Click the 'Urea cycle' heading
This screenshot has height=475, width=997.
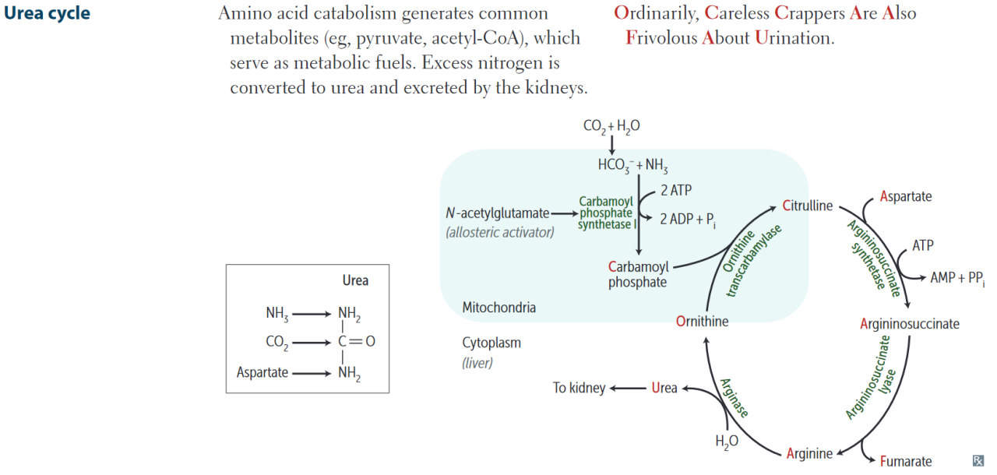point(47,14)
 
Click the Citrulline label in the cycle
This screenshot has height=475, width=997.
point(808,206)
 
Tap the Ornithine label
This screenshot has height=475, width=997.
point(703,321)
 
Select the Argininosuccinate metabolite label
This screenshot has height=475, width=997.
point(910,324)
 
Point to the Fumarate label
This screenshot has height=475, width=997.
point(906,462)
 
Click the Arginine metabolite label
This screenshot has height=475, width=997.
point(809,453)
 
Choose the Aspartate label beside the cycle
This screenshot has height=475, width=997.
point(906,196)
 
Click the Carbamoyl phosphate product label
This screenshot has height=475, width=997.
point(638,275)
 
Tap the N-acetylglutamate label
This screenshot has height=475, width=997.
point(498,213)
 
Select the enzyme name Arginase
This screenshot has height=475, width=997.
point(734,397)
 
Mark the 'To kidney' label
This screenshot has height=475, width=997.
point(579,388)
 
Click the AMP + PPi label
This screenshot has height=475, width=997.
point(957,278)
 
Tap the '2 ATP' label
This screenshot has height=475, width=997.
point(675,190)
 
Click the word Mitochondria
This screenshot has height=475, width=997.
point(498,308)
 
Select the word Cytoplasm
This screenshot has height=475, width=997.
point(491,343)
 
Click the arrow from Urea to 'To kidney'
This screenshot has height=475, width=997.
point(629,388)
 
